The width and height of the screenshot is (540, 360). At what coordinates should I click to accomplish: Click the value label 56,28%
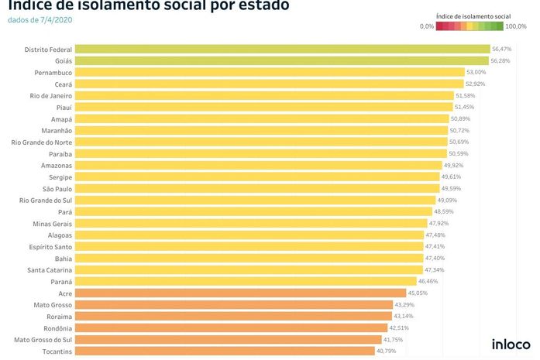tap(500, 61)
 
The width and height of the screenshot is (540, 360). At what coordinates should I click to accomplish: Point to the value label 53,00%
tap(476, 73)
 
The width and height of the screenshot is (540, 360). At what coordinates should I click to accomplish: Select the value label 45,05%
tap(418, 293)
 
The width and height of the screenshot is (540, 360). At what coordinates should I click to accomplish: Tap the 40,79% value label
tap(386, 351)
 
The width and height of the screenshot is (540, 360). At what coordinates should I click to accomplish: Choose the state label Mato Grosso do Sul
tap(43, 340)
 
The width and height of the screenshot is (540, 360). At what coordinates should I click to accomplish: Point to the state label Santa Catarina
tap(50, 270)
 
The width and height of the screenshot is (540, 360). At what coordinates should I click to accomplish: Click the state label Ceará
tap(62, 84)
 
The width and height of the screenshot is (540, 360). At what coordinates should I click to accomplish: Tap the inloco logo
tap(511, 345)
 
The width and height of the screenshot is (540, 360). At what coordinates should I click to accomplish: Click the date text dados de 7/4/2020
tap(40, 20)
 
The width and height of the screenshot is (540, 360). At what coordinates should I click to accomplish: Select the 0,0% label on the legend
tap(427, 26)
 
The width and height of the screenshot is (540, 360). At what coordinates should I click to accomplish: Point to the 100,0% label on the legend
tap(514, 26)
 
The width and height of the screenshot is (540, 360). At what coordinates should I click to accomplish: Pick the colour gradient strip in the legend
tap(469, 26)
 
